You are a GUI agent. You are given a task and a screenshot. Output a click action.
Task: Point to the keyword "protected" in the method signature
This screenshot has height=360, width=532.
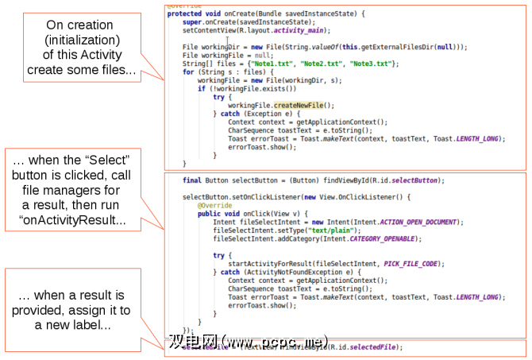coord(183,14)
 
